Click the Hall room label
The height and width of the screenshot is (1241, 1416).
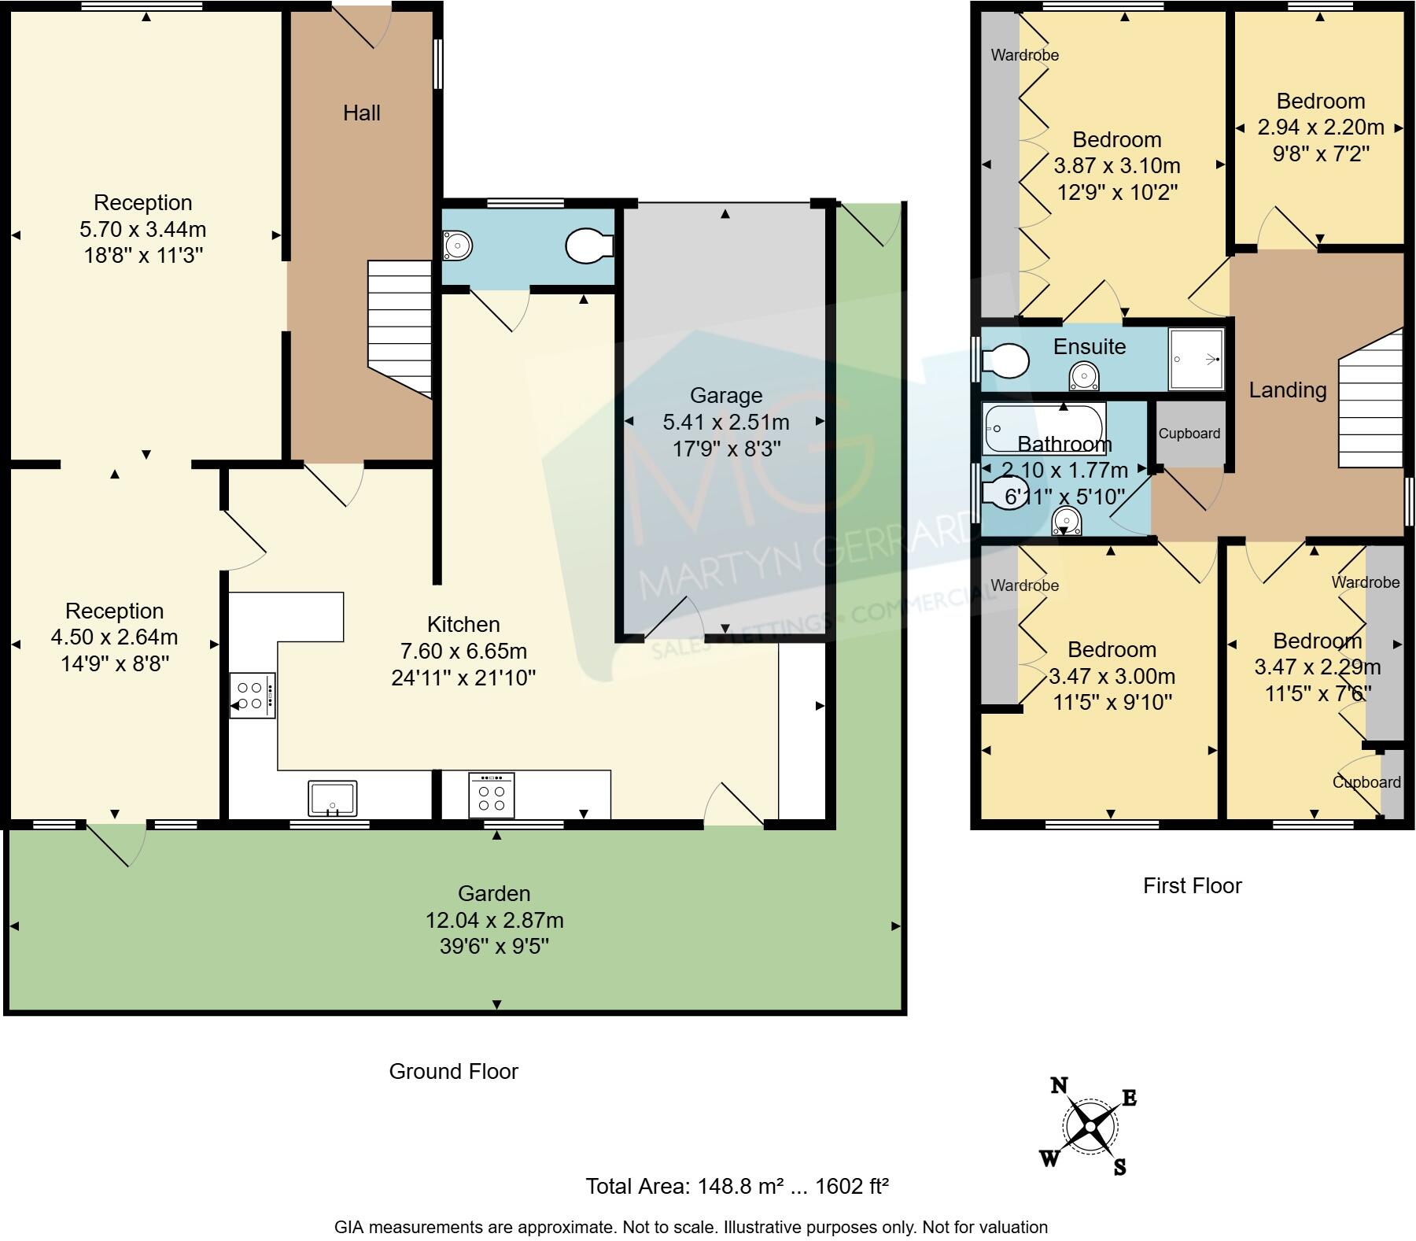[362, 113]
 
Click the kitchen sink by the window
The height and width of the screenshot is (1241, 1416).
[333, 798]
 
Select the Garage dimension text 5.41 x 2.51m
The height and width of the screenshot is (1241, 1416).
[725, 423]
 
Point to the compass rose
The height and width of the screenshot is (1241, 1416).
[1090, 1127]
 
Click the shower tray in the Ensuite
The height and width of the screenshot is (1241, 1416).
[1197, 359]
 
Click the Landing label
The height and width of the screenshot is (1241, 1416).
[1288, 390]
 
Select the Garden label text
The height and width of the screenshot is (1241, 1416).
[494, 893]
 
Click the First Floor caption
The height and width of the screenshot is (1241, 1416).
[1192, 885]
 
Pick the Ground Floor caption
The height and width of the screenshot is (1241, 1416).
[453, 1071]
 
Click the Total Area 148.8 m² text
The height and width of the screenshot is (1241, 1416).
[737, 1186]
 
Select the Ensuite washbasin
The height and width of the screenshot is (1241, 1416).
[1084, 377]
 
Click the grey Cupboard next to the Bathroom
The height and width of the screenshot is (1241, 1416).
[1189, 434]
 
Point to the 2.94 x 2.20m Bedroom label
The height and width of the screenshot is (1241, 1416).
[1320, 127]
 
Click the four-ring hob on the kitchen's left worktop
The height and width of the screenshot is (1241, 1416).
[252, 696]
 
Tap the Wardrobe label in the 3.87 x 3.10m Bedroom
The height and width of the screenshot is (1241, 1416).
[1024, 55]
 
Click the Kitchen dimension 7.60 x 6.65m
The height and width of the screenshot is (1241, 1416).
[463, 651]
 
